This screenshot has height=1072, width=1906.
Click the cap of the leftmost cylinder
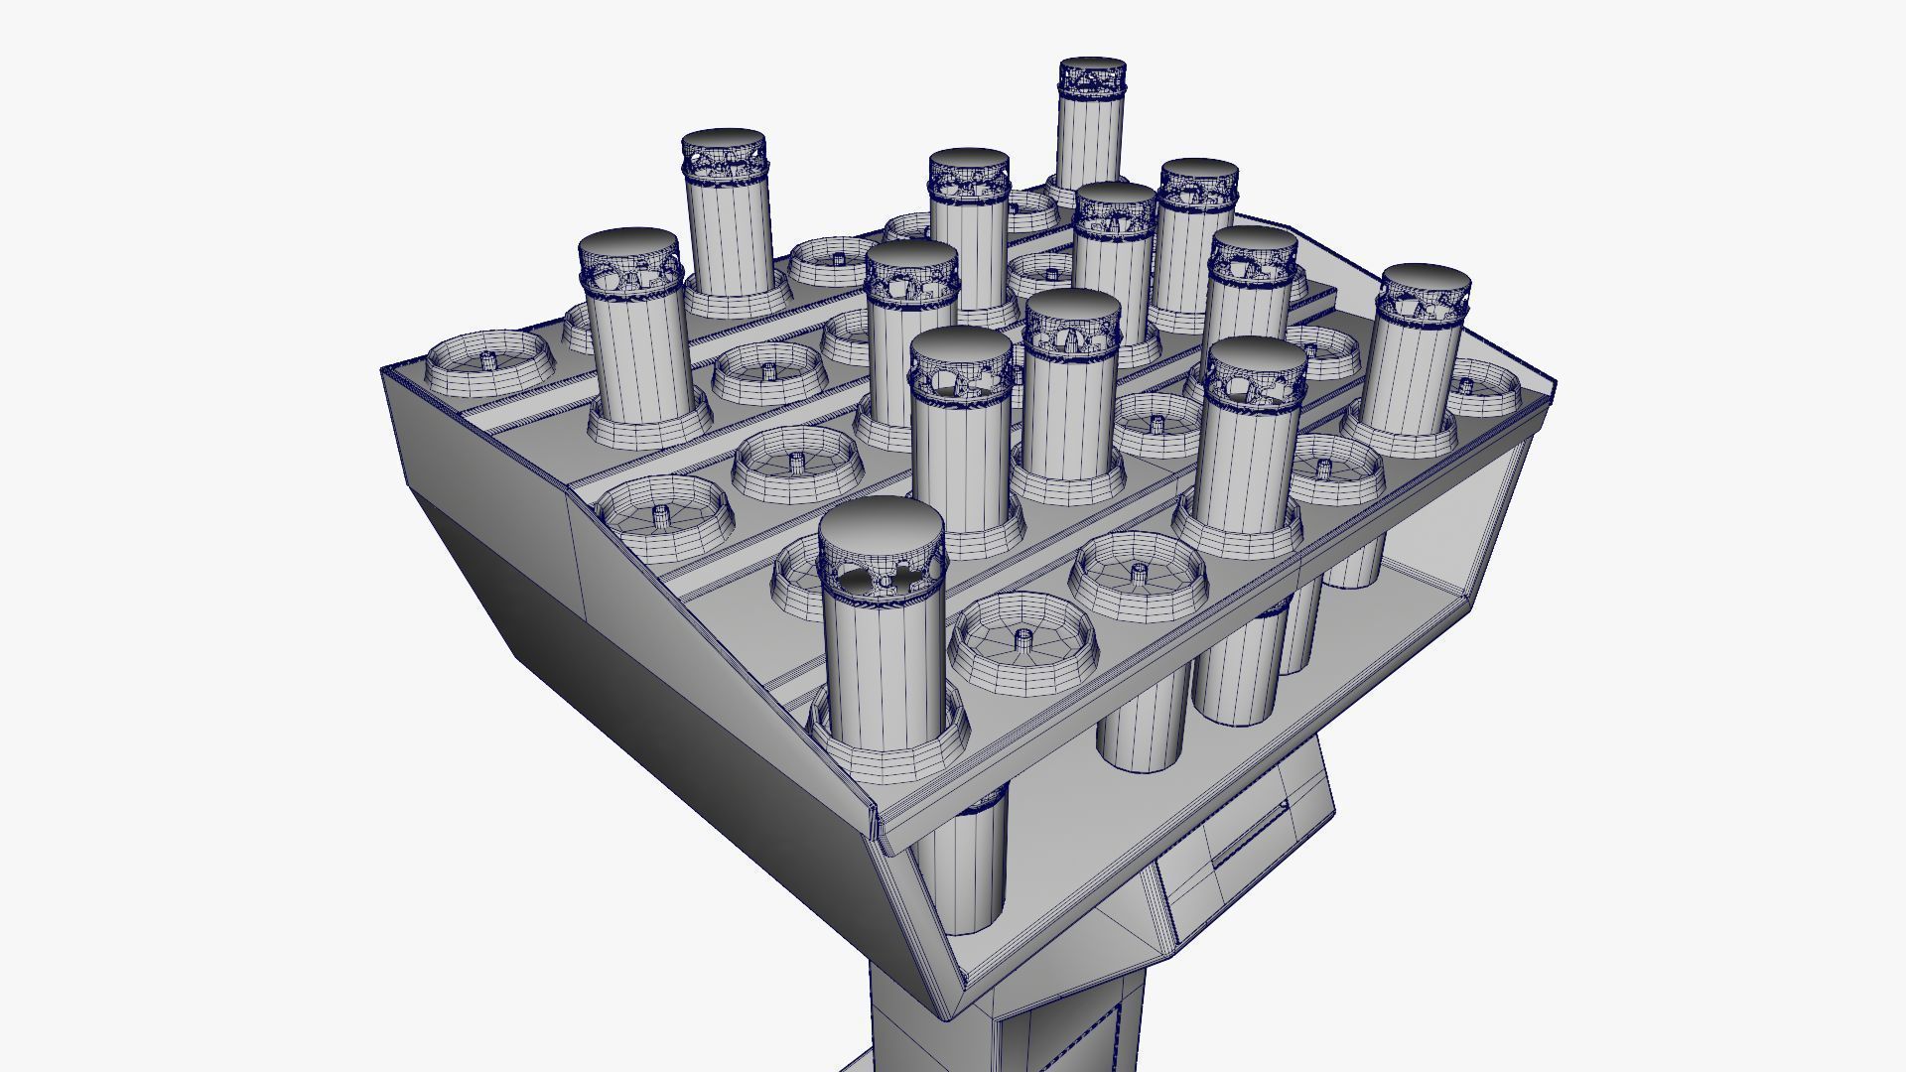point(628,245)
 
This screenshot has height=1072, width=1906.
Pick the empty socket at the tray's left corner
point(489,362)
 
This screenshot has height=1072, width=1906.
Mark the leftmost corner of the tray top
point(384,370)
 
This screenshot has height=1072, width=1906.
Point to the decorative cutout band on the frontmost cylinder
point(882,579)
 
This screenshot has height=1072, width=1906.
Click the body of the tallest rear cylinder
point(1090,139)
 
